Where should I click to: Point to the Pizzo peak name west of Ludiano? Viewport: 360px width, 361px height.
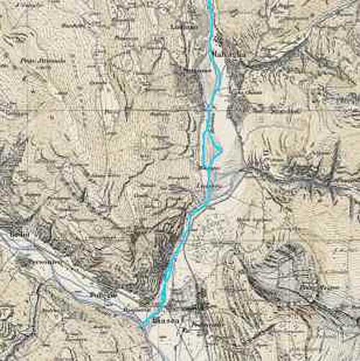(x=37, y=63)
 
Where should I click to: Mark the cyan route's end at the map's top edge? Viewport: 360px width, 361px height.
(x=210, y=2)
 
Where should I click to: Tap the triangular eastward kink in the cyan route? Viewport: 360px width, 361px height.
(x=220, y=149)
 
